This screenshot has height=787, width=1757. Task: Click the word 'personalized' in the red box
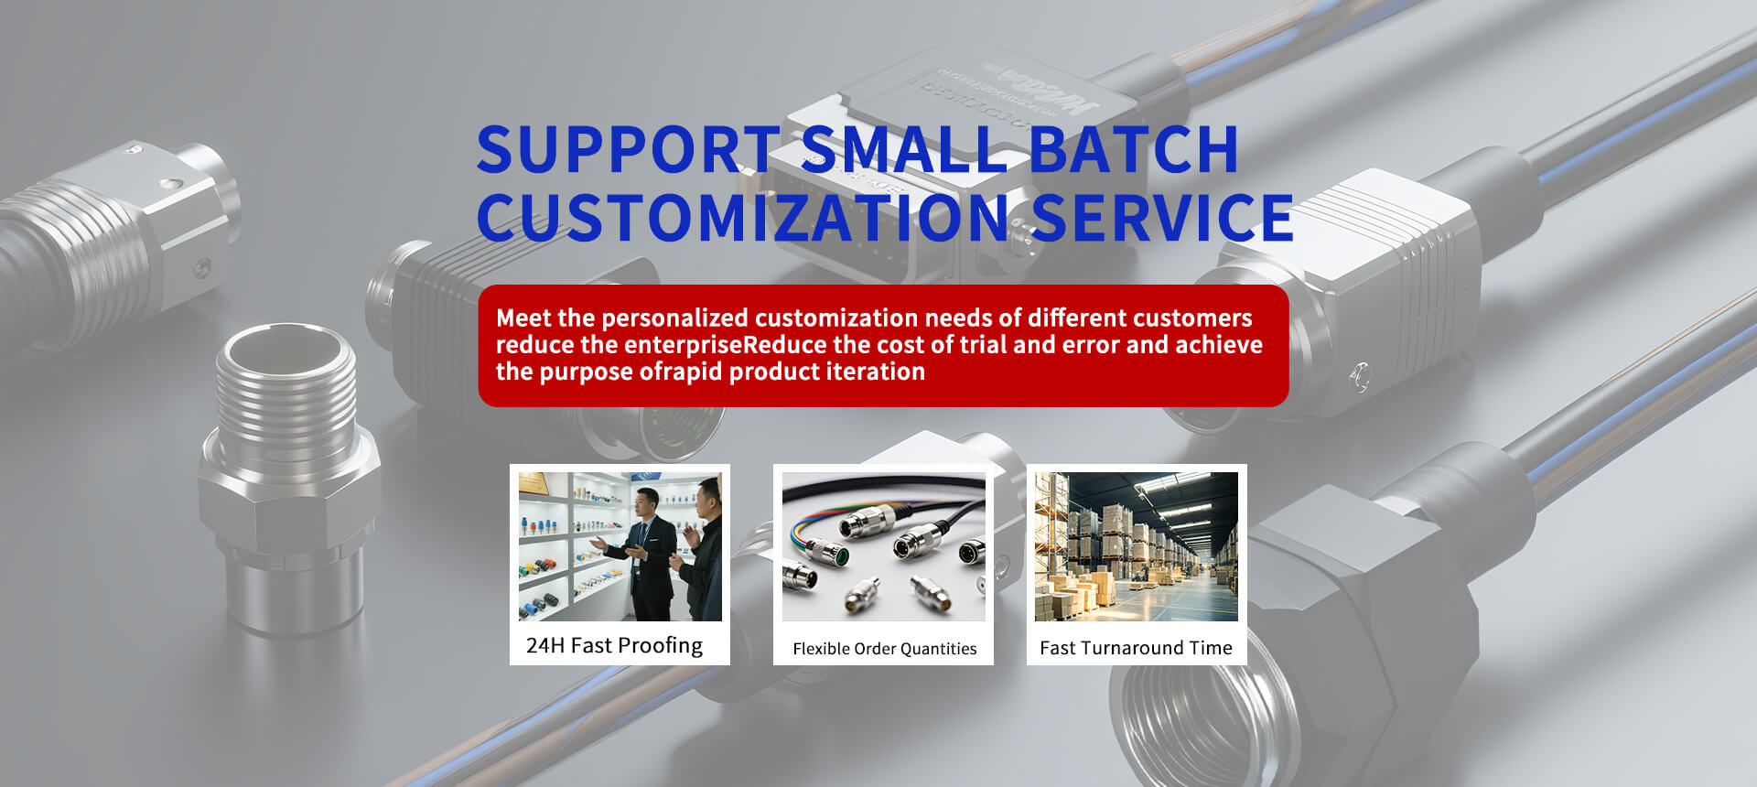pos(674,318)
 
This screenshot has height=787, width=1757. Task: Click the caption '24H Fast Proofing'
pos(614,645)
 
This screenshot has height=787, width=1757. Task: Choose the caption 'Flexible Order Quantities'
pos(884,649)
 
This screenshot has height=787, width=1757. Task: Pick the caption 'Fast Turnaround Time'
pos(1136,648)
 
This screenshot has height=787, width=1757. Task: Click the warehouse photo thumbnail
pos(1136,546)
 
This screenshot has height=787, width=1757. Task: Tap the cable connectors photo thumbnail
pos(883,546)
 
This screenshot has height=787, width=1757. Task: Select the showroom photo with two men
pos(620,546)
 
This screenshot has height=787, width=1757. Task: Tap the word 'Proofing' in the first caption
pos(661,646)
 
